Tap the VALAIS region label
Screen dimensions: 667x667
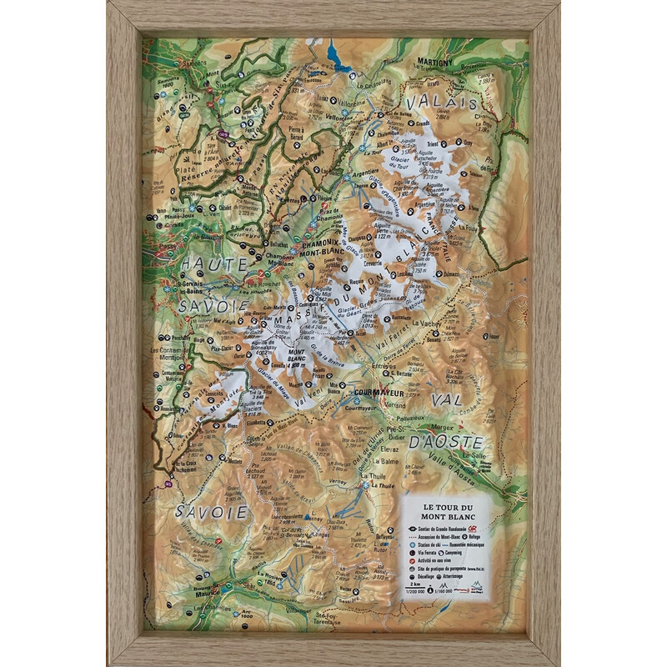(x=440, y=103)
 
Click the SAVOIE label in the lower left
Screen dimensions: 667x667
(x=212, y=511)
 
